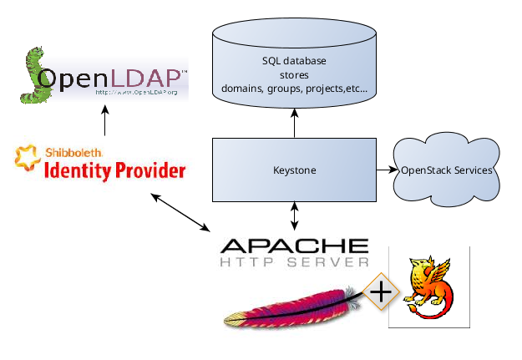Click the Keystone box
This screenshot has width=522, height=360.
[x=294, y=170]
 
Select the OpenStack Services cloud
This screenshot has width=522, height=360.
[x=447, y=170]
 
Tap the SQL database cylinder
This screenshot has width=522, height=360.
[x=294, y=63]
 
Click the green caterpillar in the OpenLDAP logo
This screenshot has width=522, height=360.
[x=33, y=75]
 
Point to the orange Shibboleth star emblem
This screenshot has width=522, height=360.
[x=26, y=158]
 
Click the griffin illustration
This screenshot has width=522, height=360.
[x=428, y=286]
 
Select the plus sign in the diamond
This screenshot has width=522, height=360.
[x=381, y=292]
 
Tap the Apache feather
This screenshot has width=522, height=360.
[x=293, y=308]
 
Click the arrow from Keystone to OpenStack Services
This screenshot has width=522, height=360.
[x=387, y=170]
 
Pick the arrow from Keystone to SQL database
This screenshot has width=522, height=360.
[x=294, y=123]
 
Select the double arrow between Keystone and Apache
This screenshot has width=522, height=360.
[x=294, y=216]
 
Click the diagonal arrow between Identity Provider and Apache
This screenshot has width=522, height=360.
[x=180, y=212]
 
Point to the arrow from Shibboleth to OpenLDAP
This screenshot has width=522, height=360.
[x=105, y=120]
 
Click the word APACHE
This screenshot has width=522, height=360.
[x=294, y=246]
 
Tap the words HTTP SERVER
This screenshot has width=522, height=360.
[x=294, y=262]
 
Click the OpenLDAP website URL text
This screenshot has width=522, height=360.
[x=136, y=92]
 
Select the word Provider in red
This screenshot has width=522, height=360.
[x=150, y=171]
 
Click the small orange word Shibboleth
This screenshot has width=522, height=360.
[x=73, y=153]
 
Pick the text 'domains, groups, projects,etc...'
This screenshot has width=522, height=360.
[x=294, y=89]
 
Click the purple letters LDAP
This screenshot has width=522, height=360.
[x=144, y=79]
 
